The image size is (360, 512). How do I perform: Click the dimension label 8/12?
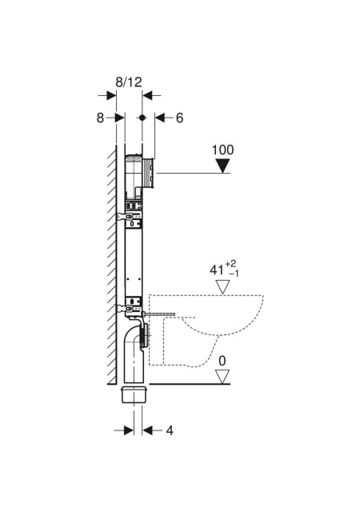point(129,82)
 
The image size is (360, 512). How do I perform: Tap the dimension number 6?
point(180,118)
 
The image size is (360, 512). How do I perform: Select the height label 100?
point(222,150)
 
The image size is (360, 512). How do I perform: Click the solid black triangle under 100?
point(223,166)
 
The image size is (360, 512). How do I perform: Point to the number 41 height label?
point(217,270)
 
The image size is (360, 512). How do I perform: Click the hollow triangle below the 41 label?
point(224,287)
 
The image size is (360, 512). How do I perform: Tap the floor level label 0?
point(222,361)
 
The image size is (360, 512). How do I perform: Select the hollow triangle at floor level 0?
point(222,377)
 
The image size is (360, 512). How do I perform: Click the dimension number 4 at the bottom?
point(170,430)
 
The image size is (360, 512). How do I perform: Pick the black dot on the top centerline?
point(142,118)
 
